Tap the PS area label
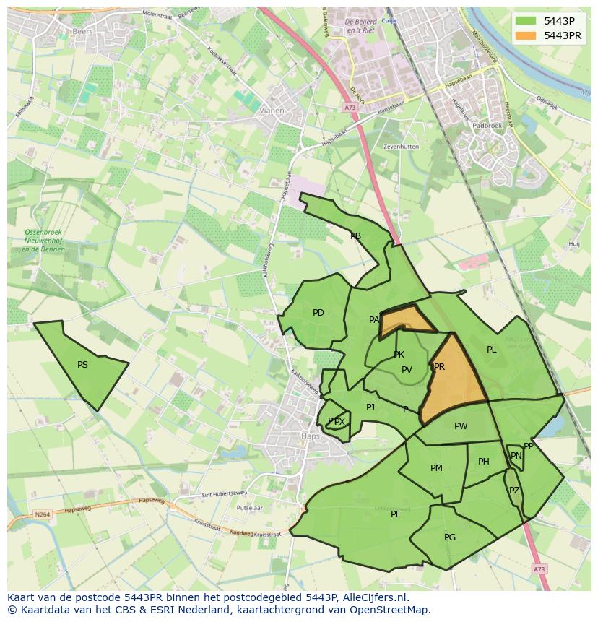point(82,365)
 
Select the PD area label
point(318,313)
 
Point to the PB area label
point(355,236)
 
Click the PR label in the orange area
point(439,367)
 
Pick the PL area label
point(492,350)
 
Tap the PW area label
point(461,426)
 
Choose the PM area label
point(436,468)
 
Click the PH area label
point(484,462)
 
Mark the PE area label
point(396,514)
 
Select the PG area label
point(450,537)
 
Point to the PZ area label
point(514,491)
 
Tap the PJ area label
point(370,407)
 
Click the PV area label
point(407,370)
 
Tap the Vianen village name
point(272,111)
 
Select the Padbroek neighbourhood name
point(487,125)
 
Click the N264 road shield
point(43,514)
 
